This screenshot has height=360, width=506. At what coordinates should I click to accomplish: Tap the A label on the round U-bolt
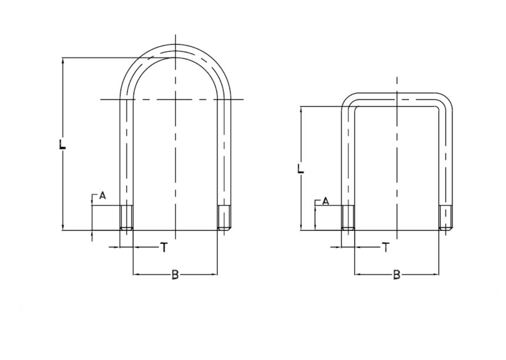click(x=102, y=196)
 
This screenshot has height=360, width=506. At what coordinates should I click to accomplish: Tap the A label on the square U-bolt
click(x=326, y=201)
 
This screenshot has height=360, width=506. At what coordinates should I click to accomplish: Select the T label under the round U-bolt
click(x=163, y=247)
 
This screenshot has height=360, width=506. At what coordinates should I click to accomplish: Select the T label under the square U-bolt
click(x=386, y=247)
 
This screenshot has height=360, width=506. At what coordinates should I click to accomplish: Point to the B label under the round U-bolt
click(x=175, y=274)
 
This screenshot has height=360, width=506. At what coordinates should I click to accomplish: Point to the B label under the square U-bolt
click(x=397, y=274)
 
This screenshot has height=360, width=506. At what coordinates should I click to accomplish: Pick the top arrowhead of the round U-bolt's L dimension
click(x=63, y=61)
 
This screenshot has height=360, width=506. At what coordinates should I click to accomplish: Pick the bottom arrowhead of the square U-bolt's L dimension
click(x=301, y=227)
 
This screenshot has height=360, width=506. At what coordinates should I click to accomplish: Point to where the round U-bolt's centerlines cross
click(x=176, y=100)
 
